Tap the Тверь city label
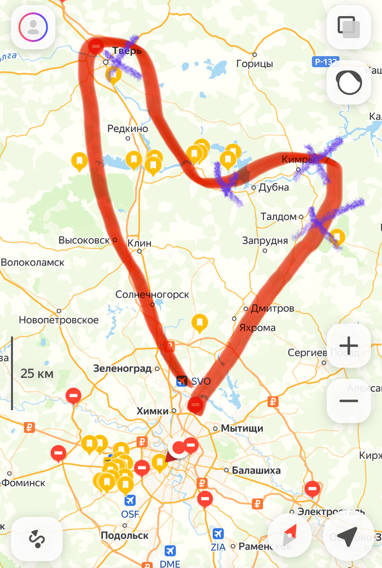127,51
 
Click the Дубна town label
273,187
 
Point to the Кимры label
298,160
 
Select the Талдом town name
278,217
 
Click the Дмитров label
272,309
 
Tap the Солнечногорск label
152,294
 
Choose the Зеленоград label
122,368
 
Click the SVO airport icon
182,381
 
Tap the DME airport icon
170,551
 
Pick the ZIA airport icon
218,533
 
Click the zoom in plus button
349,346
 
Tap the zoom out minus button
349,401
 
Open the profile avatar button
33,27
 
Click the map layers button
349,27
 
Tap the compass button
290,535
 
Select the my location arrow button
349,535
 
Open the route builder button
37,539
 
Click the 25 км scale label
37,374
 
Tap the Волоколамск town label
33,262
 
